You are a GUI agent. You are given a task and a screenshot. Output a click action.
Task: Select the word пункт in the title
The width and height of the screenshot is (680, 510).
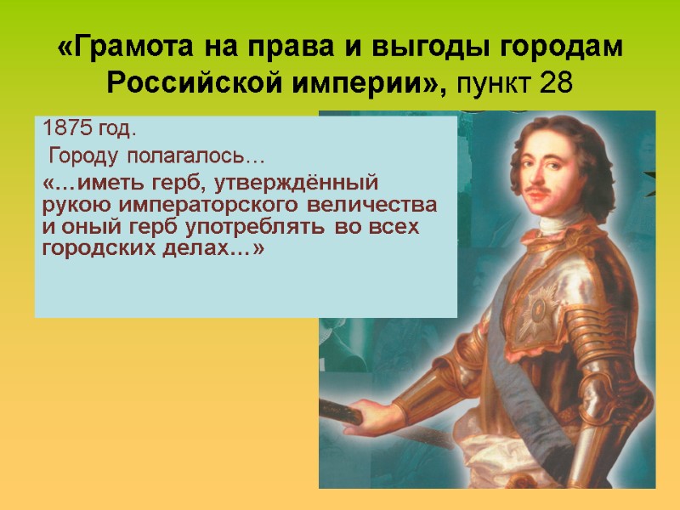tap(495, 84)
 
